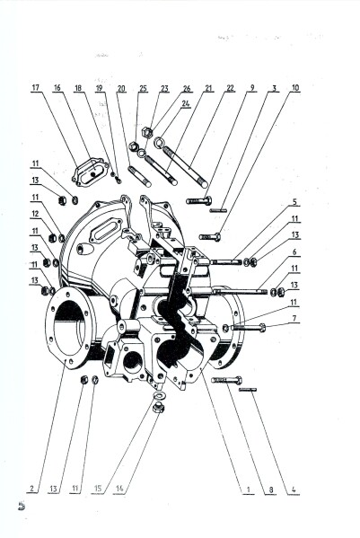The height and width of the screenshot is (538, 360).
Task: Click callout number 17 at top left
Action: click(x=35, y=88)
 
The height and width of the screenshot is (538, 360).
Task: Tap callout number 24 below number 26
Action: click(x=186, y=103)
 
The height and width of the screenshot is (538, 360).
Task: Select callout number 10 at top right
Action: click(x=294, y=88)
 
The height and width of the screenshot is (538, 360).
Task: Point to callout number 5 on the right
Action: click(x=294, y=202)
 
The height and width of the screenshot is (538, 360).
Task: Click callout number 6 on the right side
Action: click(x=294, y=252)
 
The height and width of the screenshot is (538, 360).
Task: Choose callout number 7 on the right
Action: click(x=294, y=319)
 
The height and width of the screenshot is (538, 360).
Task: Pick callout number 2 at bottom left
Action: click(x=32, y=489)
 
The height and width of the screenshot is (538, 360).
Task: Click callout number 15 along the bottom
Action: click(x=98, y=489)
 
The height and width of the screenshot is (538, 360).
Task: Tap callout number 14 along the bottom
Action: click(x=119, y=489)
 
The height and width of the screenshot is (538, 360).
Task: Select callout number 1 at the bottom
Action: click(x=248, y=489)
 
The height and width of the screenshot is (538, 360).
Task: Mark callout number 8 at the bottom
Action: click(x=270, y=489)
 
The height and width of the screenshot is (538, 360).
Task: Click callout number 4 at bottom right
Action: click(x=294, y=489)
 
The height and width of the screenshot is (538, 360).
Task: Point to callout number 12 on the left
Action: click(x=35, y=214)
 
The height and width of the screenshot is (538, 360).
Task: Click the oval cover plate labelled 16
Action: click(x=88, y=172)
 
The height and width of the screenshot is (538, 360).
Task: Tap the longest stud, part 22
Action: click(x=185, y=167)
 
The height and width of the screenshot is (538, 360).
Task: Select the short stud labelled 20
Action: click(x=139, y=176)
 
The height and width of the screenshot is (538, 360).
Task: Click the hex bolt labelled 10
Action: click(x=209, y=237)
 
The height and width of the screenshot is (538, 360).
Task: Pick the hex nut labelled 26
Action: click(x=147, y=132)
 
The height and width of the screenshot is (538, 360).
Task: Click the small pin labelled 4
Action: click(x=248, y=390)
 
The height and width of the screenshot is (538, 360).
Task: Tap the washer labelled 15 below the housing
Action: click(x=160, y=395)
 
